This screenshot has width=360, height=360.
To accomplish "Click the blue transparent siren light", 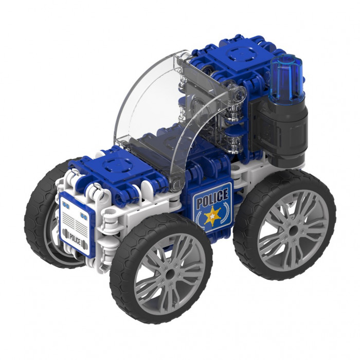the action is pyautogui.click(x=287, y=79).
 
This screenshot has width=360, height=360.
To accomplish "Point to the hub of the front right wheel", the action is pyautogui.click(x=170, y=274).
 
